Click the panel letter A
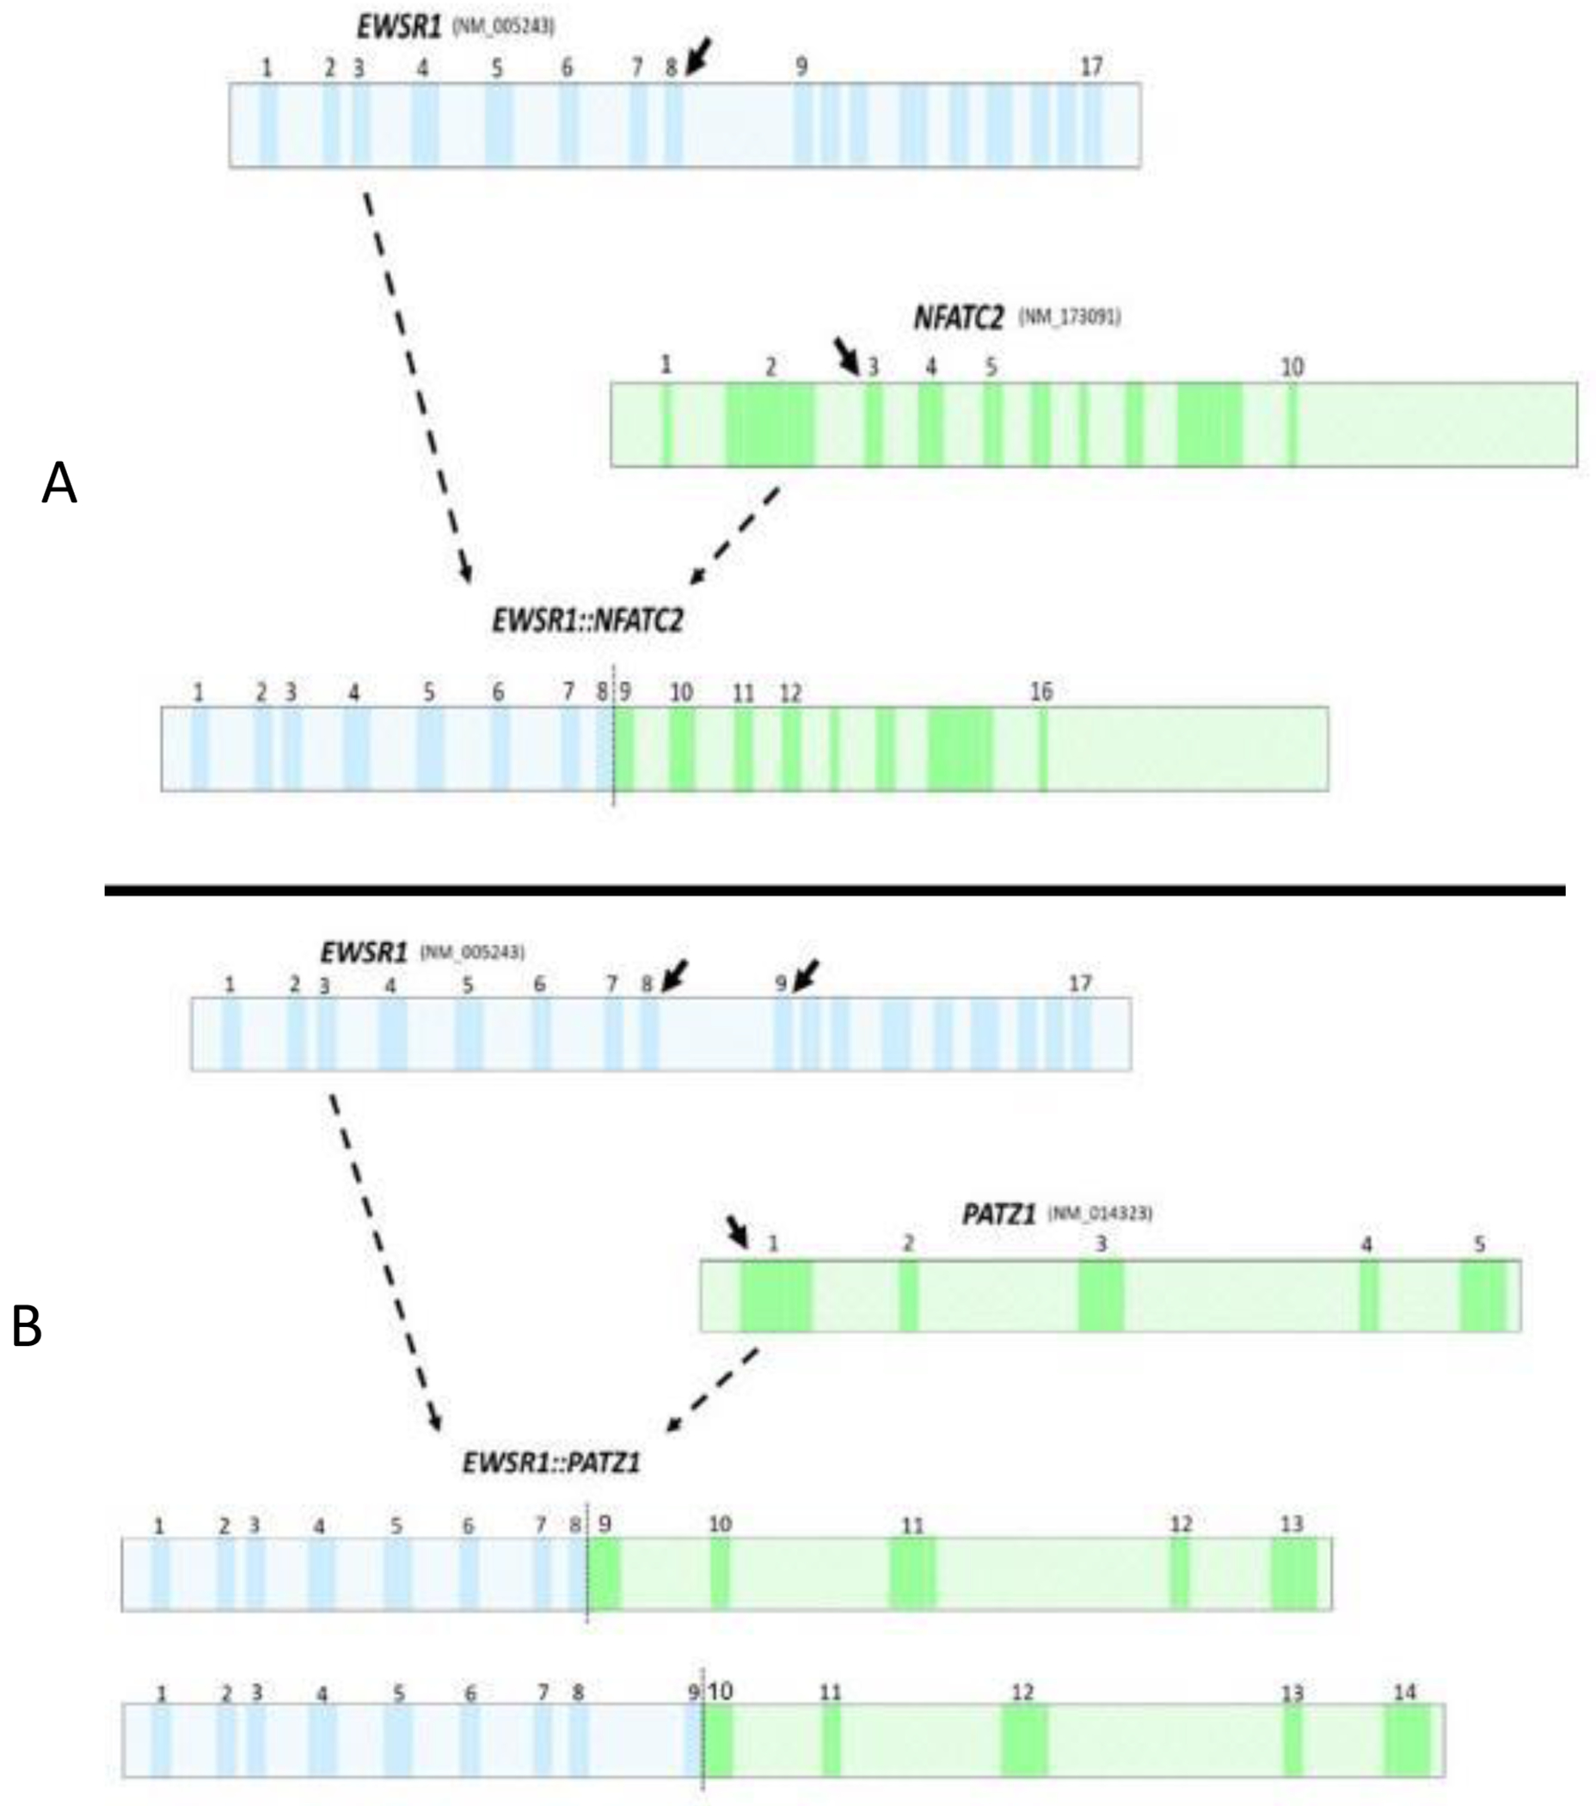(x=59, y=485)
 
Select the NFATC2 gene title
(x=958, y=317)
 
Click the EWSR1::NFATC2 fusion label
(x=587, y=620)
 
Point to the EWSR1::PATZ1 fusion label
(x=551, y=1463)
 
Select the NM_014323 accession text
(x=1100, y=1213)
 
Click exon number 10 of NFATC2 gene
(x=1292, y=366)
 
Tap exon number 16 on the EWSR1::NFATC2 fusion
(x=1041, y=691)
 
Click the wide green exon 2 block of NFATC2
(x=770, y=425)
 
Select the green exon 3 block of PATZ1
(x=1101, y=1296)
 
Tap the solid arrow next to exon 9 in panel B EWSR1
(x=806, y=975)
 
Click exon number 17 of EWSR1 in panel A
(x=1092, y=66)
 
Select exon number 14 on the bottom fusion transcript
(x=1403, y=1692)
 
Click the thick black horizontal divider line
(x=835, y=891)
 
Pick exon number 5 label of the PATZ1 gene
(x=1479, y=1244)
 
